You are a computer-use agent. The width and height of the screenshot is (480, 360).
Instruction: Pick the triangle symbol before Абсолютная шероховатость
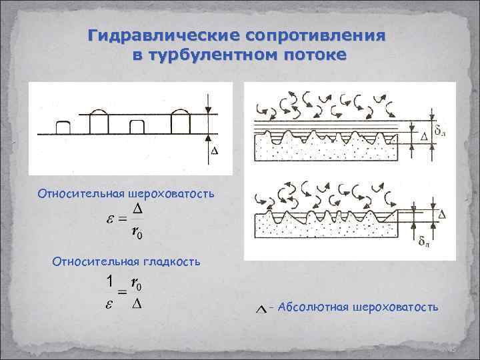pyautogui.click(x=262, y=308)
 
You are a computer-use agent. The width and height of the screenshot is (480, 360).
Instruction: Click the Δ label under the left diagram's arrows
pyautogui.click(x=214, y=151)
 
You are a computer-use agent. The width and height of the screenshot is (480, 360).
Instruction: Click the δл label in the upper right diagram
pyautogui.click(x=441, y=126)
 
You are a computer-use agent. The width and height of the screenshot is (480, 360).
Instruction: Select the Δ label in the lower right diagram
pyautogui.click(x=441, y=213)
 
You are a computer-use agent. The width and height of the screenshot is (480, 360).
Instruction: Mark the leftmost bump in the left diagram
pyautogui.click(x=64, y=127)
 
